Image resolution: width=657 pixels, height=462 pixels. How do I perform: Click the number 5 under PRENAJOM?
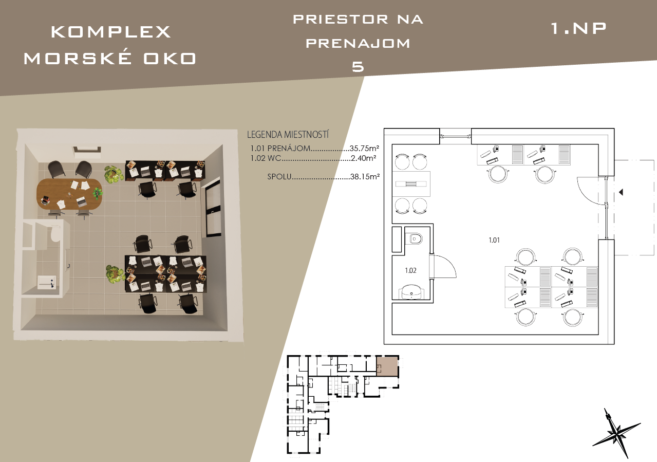coord(358,67)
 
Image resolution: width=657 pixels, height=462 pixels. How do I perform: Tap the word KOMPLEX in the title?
coord(111,32)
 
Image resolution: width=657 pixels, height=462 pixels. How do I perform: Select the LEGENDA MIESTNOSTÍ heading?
coord(288,135)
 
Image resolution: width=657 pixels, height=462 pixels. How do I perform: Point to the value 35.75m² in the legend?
coord(364,148)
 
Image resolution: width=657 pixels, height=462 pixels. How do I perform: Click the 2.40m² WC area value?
coord(363,158)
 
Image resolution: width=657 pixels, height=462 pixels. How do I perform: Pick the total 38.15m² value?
coord(365,177)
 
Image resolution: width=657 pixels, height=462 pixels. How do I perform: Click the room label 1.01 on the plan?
coord(494,240)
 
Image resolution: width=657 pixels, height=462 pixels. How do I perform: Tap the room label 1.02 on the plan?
coord(410,270)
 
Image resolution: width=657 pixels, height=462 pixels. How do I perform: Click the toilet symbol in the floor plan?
coord(414,239)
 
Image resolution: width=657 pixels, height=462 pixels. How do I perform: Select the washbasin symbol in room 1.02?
coord(411,291)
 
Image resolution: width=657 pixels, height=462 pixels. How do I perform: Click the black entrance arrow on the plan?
coord(621,192)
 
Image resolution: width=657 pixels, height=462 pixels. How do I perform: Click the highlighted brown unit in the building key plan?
coord(387,366)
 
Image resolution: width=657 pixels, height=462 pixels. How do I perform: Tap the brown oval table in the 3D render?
coord(69,193)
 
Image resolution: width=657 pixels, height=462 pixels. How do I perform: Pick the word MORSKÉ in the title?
coord(78,59)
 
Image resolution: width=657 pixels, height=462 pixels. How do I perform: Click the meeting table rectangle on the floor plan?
coord(411,184)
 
